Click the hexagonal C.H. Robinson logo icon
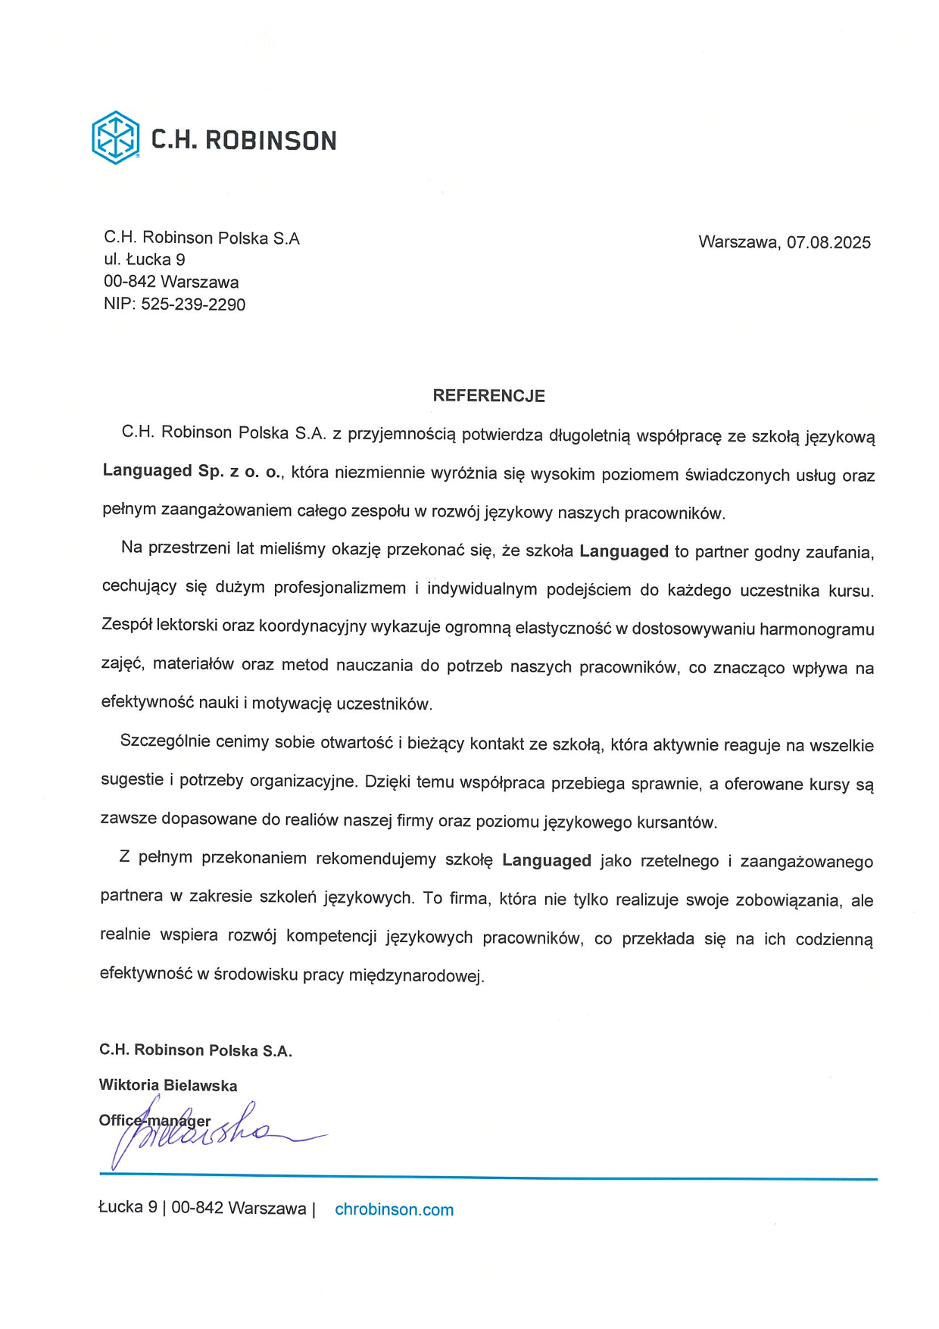point(115,138)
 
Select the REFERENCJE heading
point(488,395)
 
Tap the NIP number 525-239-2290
point(193,304)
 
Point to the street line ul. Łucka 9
point(145,260)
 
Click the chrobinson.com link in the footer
point(394,1209)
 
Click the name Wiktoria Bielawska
point(168,1085)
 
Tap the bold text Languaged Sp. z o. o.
point(192,471)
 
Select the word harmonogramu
point(816,629)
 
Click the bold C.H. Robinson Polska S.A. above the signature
point(195,1050)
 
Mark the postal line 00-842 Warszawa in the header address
point(171,282)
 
